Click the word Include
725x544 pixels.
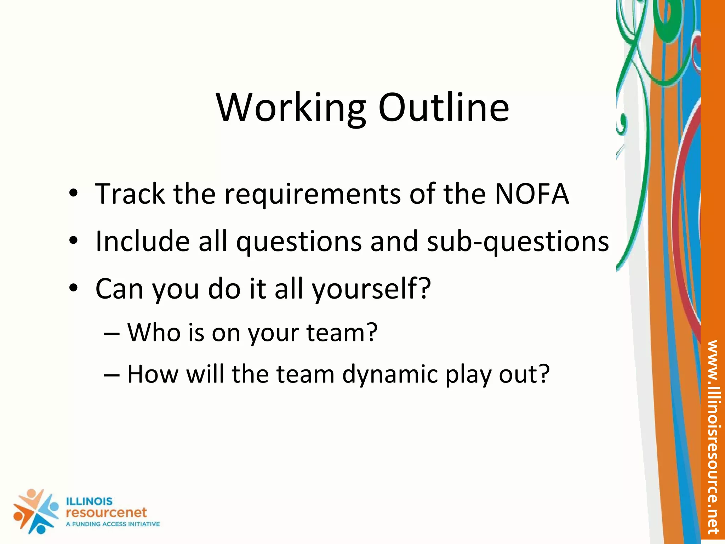[x=143, y=241]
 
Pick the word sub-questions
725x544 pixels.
[x=518, y=242]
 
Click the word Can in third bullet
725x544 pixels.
[x=119, y=289]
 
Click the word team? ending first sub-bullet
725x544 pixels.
[x=342, y=333]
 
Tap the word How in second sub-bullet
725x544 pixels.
[x=153, y=374]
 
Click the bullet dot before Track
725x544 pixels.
[x=73, y=194]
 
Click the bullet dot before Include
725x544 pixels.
[x=73, y=241]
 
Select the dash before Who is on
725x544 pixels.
[x=112, y=333]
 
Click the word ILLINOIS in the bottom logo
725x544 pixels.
[x=89, y=501]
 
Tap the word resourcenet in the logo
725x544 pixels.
[x=106, y=512]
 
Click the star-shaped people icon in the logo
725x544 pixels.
[x=35, y=511]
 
